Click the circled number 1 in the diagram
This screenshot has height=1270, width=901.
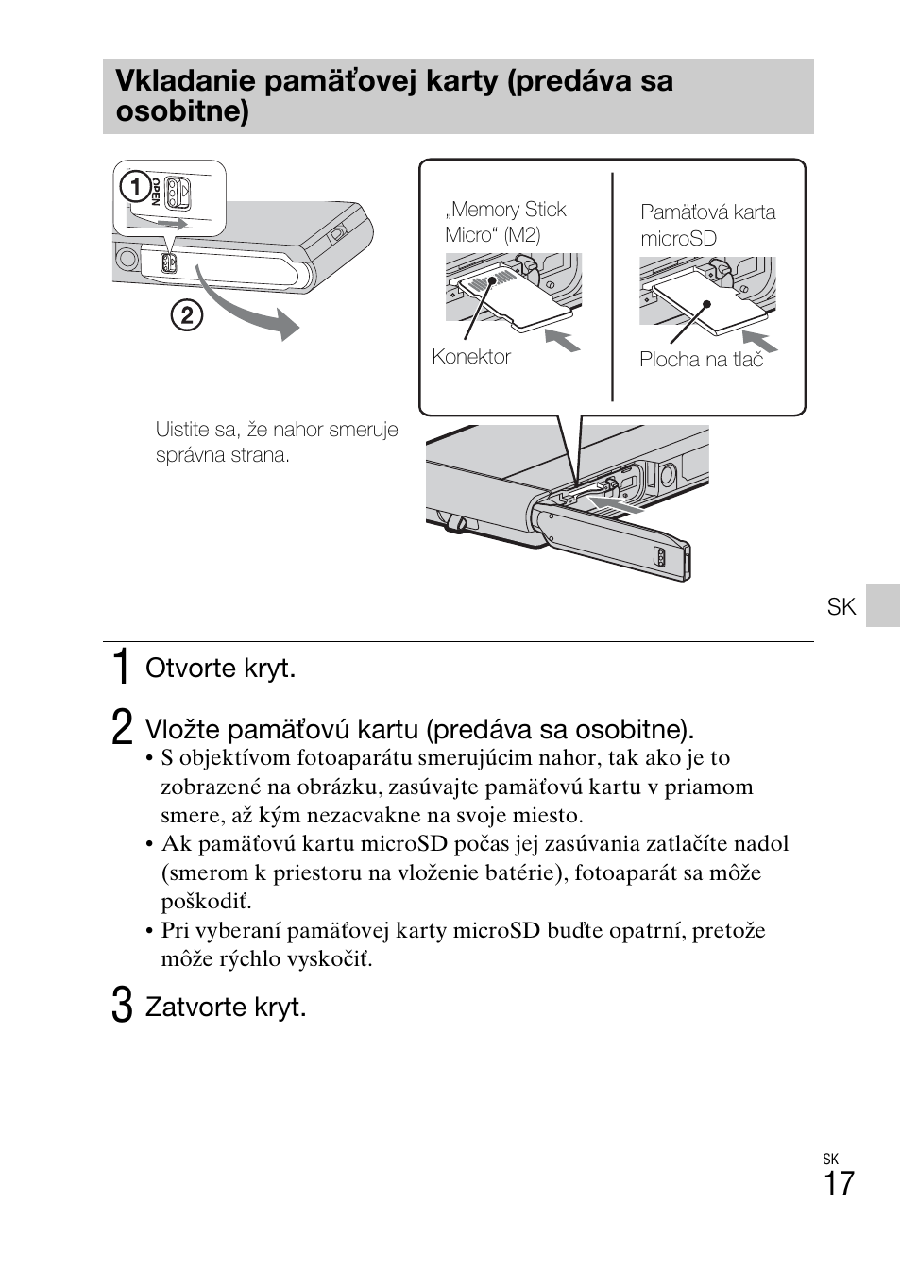[136, 188]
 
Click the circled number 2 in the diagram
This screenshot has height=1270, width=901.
[186, 314]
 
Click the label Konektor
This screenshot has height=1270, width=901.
[470, 357]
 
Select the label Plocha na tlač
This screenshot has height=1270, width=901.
[701, 360]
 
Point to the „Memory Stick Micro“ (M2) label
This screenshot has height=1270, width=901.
[505, 222]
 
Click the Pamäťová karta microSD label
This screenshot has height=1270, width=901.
[707, 225]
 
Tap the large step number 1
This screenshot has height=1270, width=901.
[121, 668]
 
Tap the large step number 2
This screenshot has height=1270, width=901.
[121, 729]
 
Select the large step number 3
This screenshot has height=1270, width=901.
[121, 1007]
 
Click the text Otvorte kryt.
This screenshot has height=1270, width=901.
[220, 669]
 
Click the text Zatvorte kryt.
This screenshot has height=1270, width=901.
[226, 1008]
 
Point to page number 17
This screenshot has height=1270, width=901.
[838, 1184]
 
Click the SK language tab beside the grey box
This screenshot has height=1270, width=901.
[841, 606]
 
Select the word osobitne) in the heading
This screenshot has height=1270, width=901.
[182, 112]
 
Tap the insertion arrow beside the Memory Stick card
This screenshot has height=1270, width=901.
[563, 339]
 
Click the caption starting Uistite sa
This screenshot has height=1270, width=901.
[276, 442]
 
